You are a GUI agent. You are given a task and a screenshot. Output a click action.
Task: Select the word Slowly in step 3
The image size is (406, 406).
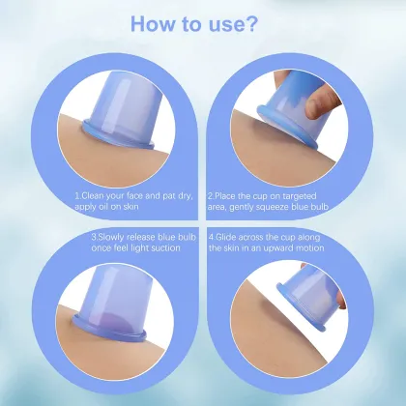tap(108, 235)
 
